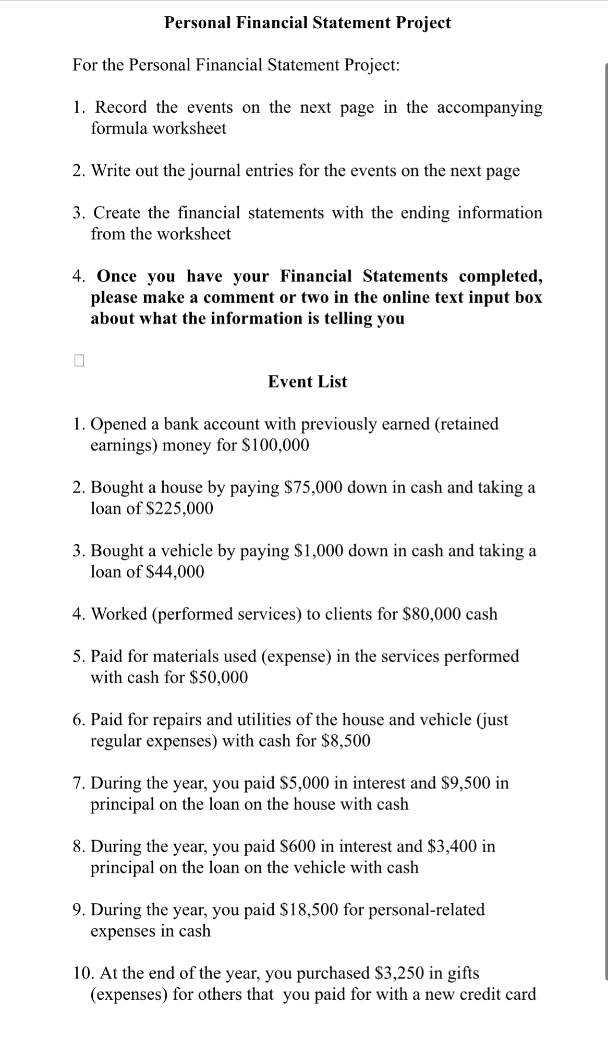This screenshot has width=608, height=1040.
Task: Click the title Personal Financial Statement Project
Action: pos(307,22)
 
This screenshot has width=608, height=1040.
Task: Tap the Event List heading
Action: pos(307,381)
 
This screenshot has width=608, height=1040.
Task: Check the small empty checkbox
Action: pos(79,361)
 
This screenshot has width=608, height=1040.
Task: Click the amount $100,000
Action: pos(276,445)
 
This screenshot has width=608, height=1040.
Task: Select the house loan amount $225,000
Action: pos(178,508)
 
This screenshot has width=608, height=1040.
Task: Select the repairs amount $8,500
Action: pos(346,741)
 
